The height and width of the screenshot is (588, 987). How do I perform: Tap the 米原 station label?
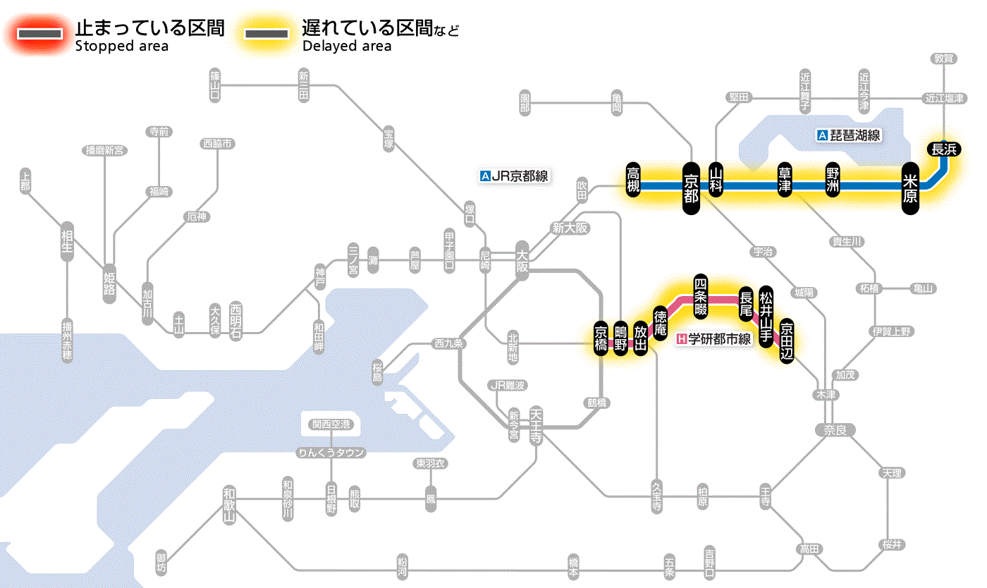click(910, 188)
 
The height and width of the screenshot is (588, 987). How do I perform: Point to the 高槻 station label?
click(633, 180)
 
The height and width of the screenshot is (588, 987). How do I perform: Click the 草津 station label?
click(785, 180)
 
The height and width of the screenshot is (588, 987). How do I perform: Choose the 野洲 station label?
click(833, 180)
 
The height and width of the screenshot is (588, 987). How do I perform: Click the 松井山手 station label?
click(766, 314)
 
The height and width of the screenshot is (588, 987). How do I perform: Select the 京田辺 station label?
click(787, 340)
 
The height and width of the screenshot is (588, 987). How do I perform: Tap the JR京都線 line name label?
click(513, 176)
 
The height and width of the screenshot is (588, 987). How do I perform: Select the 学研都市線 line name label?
click(713, 339)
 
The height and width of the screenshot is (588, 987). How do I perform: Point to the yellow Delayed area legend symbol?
click(266, 34)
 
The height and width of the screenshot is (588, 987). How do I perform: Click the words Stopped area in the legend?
click(121, 47)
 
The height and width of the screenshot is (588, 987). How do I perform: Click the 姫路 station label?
click(109, 283)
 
